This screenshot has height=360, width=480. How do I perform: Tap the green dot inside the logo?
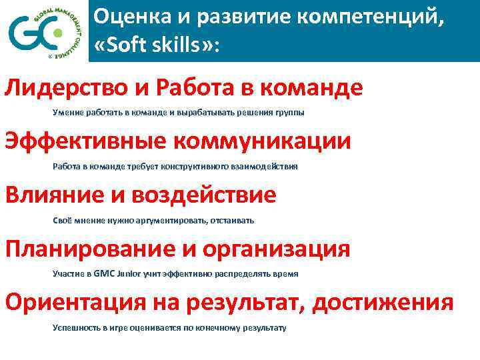[x=59, y=33]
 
